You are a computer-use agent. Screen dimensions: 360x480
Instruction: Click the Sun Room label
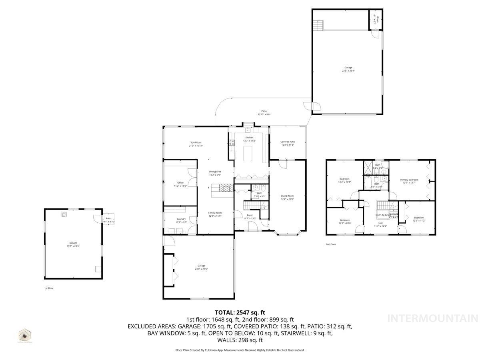196,142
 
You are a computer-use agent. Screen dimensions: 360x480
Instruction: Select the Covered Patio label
288,142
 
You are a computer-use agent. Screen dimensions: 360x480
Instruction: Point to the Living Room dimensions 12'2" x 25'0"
288,199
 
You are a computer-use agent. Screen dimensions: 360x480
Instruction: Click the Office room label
180,182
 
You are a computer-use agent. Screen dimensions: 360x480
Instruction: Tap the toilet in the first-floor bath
264,188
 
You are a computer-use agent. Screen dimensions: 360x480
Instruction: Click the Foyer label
250,215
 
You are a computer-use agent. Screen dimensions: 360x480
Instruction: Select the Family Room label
215,213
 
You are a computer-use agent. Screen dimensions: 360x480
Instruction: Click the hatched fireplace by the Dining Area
226,188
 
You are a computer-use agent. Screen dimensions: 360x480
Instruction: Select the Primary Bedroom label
409,180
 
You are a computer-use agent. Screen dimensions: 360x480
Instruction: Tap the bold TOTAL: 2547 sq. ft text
240,312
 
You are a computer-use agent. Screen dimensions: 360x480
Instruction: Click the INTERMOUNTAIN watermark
433,319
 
